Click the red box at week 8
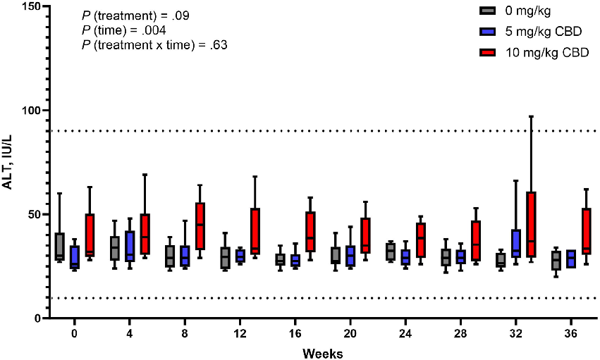pos(200,225)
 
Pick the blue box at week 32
pos(516,242)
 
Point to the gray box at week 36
pos(556,261)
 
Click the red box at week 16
pos(310,231)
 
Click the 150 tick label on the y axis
pos(31,6)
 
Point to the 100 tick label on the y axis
pos(31,111)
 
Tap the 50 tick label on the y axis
pos(34,214)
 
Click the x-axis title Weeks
pos(323,352)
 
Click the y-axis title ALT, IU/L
pos(10,161)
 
